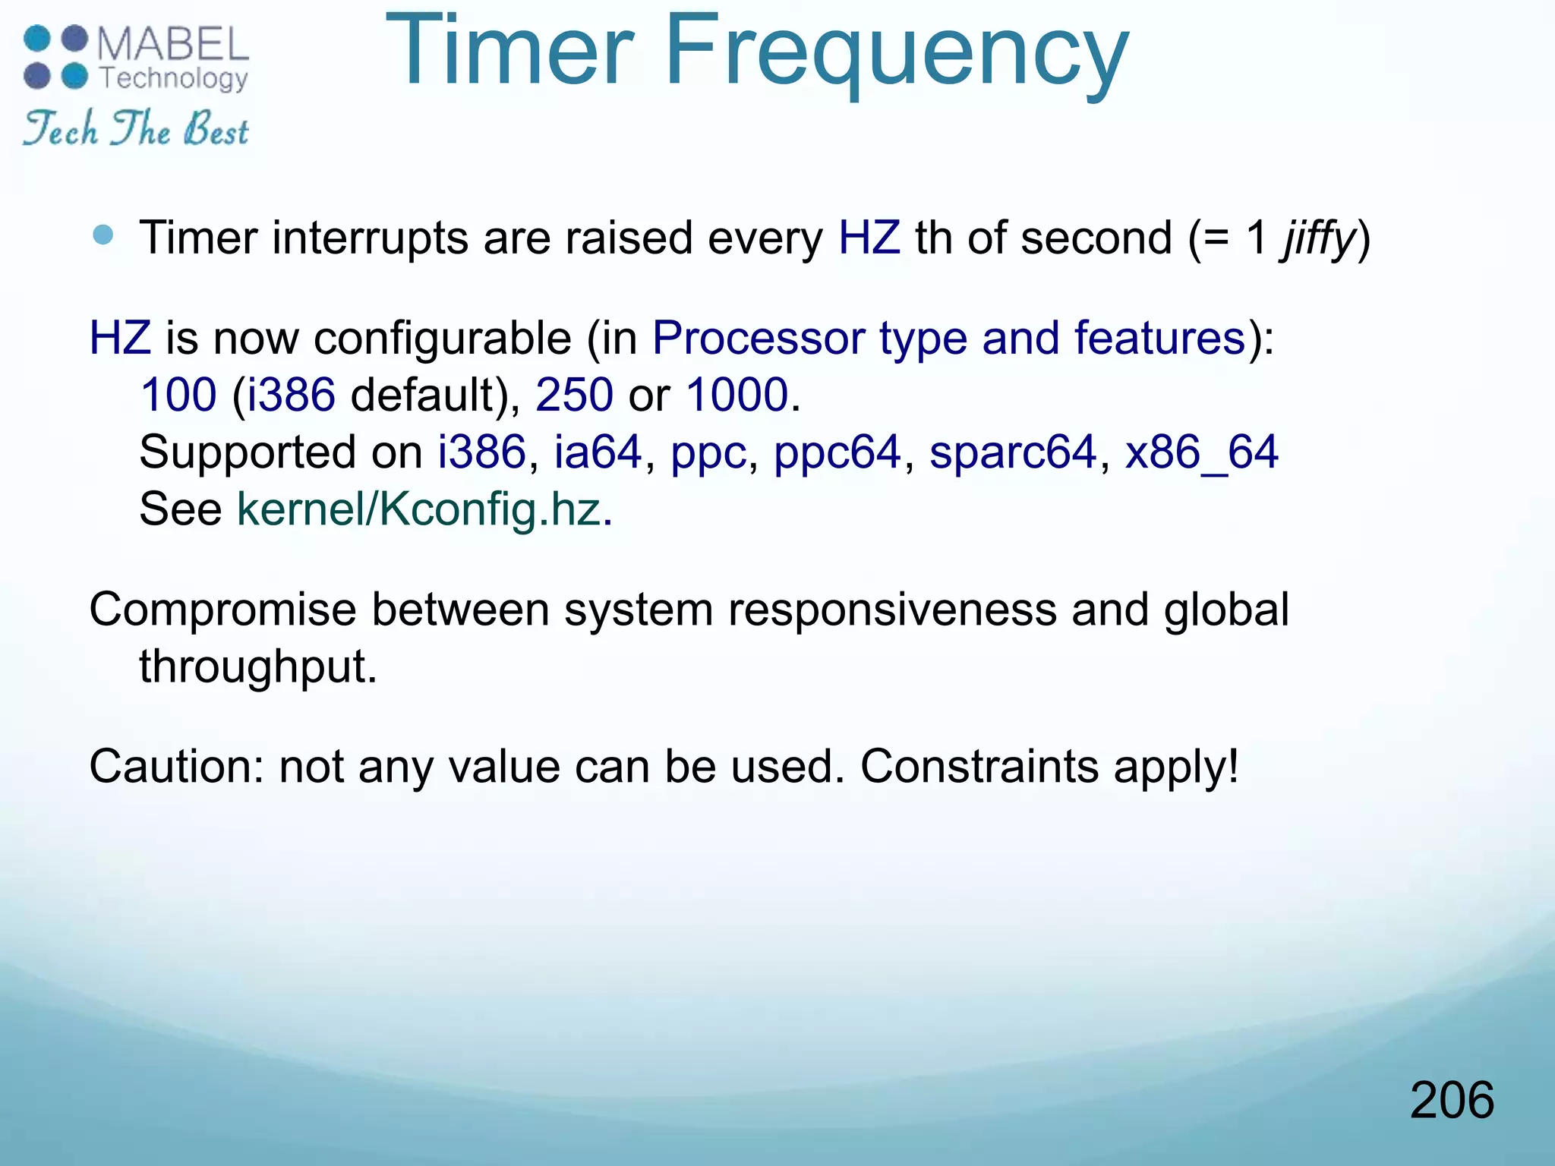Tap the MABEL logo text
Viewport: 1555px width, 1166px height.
[173, 44]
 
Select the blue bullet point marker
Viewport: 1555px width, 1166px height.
[103, 235]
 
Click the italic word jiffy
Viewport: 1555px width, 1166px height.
[1318, 238]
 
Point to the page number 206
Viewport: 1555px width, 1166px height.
[1451, 1100]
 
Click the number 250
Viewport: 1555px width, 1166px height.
[574, 395]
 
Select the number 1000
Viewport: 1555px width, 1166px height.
[736, 395]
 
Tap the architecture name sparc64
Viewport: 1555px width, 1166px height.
[1012, 452]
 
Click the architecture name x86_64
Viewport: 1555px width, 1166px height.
[1201, 452]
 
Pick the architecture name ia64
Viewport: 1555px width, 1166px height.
[598, 452]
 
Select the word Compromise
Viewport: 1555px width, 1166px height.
[222, 610]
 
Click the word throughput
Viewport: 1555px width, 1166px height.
[257, 667]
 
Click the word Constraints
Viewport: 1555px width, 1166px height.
[979, 767]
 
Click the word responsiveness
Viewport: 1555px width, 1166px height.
[892, 610]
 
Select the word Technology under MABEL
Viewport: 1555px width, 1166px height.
[174, 78]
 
